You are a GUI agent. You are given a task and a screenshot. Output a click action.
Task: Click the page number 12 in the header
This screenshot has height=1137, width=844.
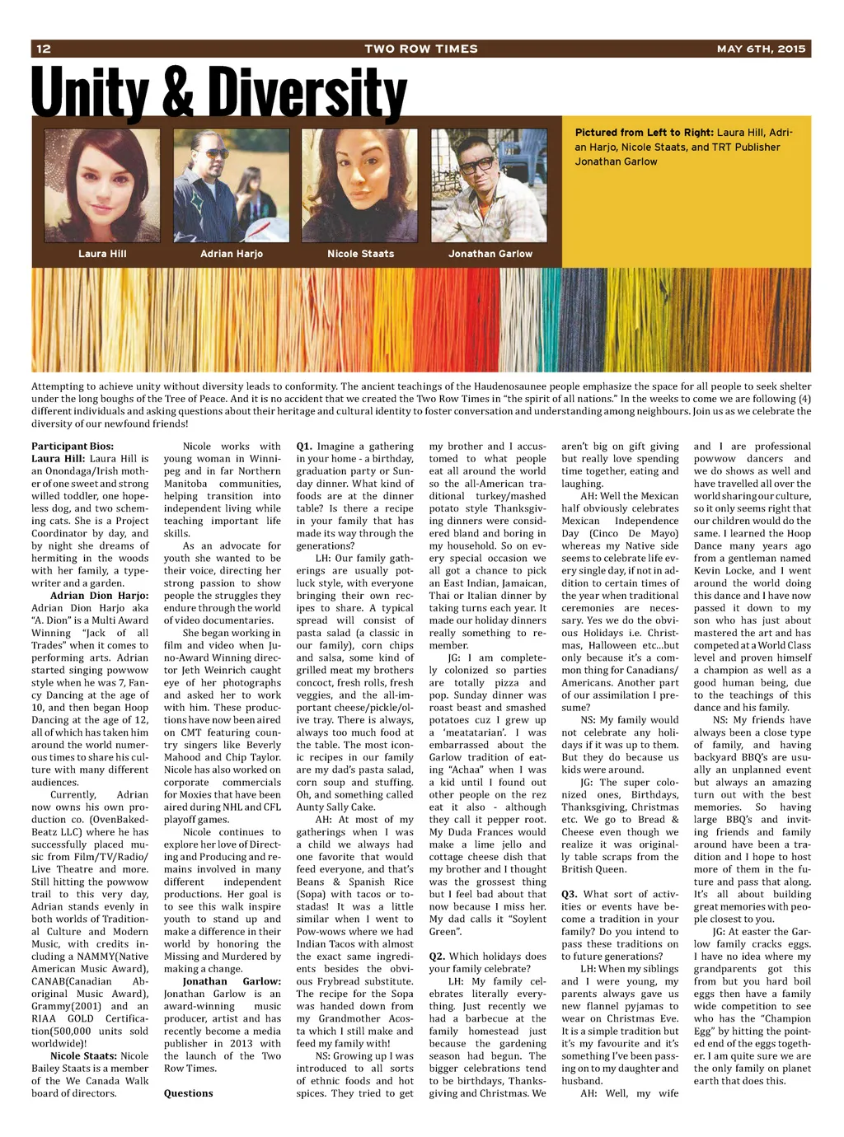[x=44, y=49]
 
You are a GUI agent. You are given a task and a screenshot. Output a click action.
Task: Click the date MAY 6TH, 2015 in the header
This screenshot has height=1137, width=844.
[x=761, y=49]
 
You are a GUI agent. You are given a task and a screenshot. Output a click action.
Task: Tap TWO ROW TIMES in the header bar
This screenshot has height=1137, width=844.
[x=421, y=49]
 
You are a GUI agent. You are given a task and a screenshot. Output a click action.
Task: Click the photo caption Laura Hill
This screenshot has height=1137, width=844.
[x=102, y=254]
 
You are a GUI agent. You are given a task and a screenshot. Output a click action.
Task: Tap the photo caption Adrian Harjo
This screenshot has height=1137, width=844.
[x=232, y=254]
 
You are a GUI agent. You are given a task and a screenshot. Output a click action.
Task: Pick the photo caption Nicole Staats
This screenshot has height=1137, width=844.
[x=360, y=254]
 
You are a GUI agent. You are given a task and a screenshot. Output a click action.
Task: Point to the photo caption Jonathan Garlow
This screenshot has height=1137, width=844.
[x=490, y=254]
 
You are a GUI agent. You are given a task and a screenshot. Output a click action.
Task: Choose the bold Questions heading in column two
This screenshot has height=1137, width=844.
[x=188, y=1093]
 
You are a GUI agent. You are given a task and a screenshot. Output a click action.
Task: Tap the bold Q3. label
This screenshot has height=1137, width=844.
[x=570, y=894]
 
